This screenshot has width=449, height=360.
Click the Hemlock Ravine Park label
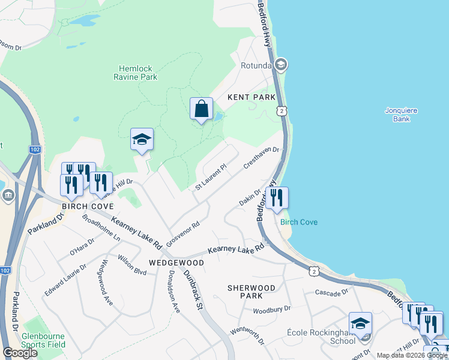pos(136,73)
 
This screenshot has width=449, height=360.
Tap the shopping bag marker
pos(202,109)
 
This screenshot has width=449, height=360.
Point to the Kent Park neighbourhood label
pos(251,97)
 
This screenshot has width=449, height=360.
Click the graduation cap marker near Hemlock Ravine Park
pos(142,140)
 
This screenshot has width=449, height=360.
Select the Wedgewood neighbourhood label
pos(176,263)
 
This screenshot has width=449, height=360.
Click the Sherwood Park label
pos(252,292)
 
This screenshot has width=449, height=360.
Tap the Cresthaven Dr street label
pos(262,159)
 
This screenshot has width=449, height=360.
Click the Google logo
pos(20,353)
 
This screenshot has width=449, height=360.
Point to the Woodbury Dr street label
pos(271,309)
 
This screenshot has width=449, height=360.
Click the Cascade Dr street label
pos(331,292)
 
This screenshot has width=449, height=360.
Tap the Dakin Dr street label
pos(250,197)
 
